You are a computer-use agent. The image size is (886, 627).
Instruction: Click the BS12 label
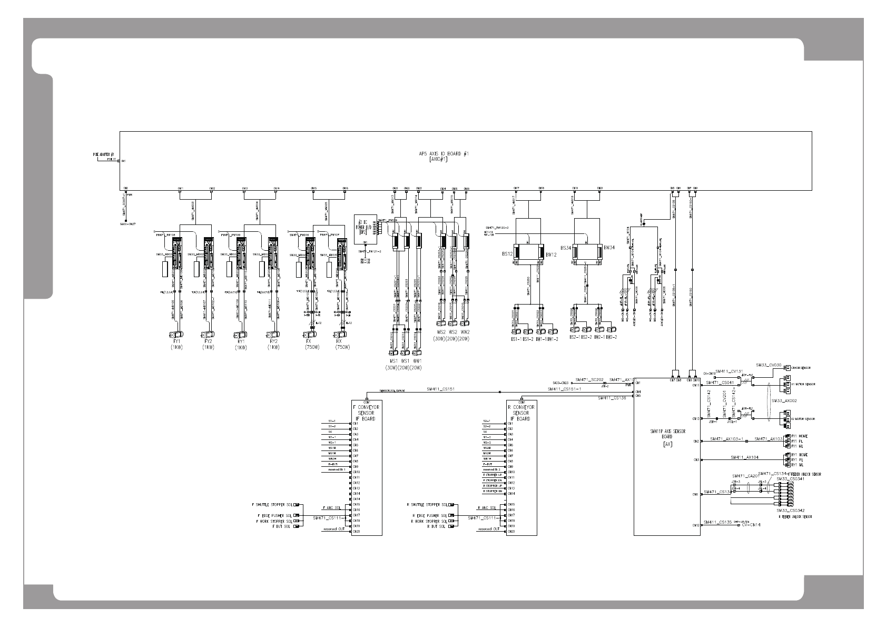tap(507, 254)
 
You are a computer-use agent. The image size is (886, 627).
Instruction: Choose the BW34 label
tap(609, 247)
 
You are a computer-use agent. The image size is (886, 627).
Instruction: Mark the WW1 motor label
tap(416, 361)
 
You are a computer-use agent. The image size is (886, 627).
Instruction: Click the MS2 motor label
tap(440, 332)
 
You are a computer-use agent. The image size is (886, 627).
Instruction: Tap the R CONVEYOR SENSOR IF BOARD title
tap(521, 413)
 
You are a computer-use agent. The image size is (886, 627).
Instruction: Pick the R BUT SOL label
tap(436, 526)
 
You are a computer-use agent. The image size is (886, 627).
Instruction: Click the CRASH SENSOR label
tap(801, 368)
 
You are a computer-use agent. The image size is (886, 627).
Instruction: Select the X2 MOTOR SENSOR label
tap(803, 419)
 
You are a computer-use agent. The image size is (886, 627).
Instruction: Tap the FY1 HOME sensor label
tap(799, 436)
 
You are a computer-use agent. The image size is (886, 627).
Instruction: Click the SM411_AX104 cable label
tap(745, 457)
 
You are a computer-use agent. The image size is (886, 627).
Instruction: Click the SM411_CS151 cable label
tap(440, 389)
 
